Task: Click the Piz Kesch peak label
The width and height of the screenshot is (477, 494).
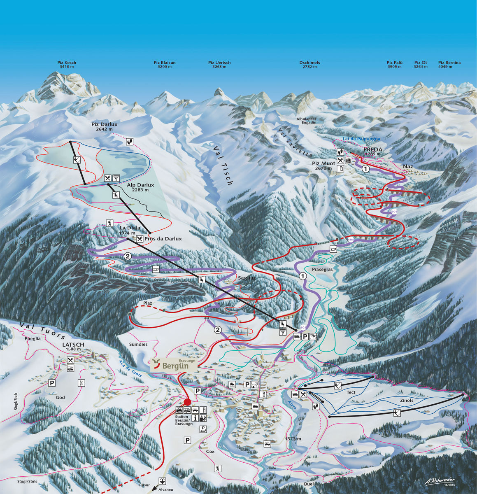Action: tap(67, 65)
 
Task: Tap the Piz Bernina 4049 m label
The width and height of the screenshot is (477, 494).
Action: tap(449, 65)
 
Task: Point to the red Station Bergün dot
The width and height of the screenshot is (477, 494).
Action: tap(187, 402)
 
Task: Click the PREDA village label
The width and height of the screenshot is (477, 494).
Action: tap(373, 150)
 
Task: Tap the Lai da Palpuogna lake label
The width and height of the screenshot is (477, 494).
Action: tap(361, 139)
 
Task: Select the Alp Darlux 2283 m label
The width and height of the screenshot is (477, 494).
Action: tap(140, 187)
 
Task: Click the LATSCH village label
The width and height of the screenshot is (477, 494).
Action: tap(73, 345)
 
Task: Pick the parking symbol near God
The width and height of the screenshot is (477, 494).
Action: tap(52, 383)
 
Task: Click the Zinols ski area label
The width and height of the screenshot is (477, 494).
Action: tap(407, 401)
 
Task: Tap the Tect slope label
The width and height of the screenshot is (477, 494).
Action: tap(351, 392)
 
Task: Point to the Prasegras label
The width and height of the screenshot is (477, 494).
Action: tap(322, 269)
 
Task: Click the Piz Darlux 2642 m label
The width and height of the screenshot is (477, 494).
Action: tap(105, 126)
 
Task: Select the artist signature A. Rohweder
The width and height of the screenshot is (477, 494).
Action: tap(440, 481)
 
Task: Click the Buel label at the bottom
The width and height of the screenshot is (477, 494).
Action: tap(309, 484)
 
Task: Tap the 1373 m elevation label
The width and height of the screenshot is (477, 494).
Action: tap(293, 439)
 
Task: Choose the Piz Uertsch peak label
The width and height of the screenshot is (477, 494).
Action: tap(219, 65)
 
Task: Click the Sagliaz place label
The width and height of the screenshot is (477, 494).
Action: tap(247, 278)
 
